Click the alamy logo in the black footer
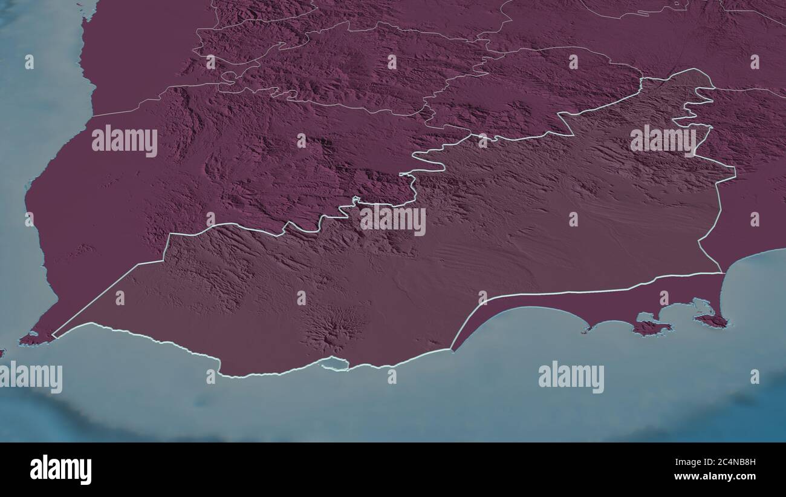coord(60,469)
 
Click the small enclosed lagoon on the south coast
coord(334,363)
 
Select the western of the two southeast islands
coord(651,327)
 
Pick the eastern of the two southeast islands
coord(711,320)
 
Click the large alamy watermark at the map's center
coord(393,219)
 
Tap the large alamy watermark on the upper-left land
coord(125,140)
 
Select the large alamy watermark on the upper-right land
coord(663,140)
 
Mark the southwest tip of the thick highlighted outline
coord(53,336)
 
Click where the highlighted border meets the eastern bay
coord(723,272)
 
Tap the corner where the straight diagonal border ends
coord(163,261)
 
